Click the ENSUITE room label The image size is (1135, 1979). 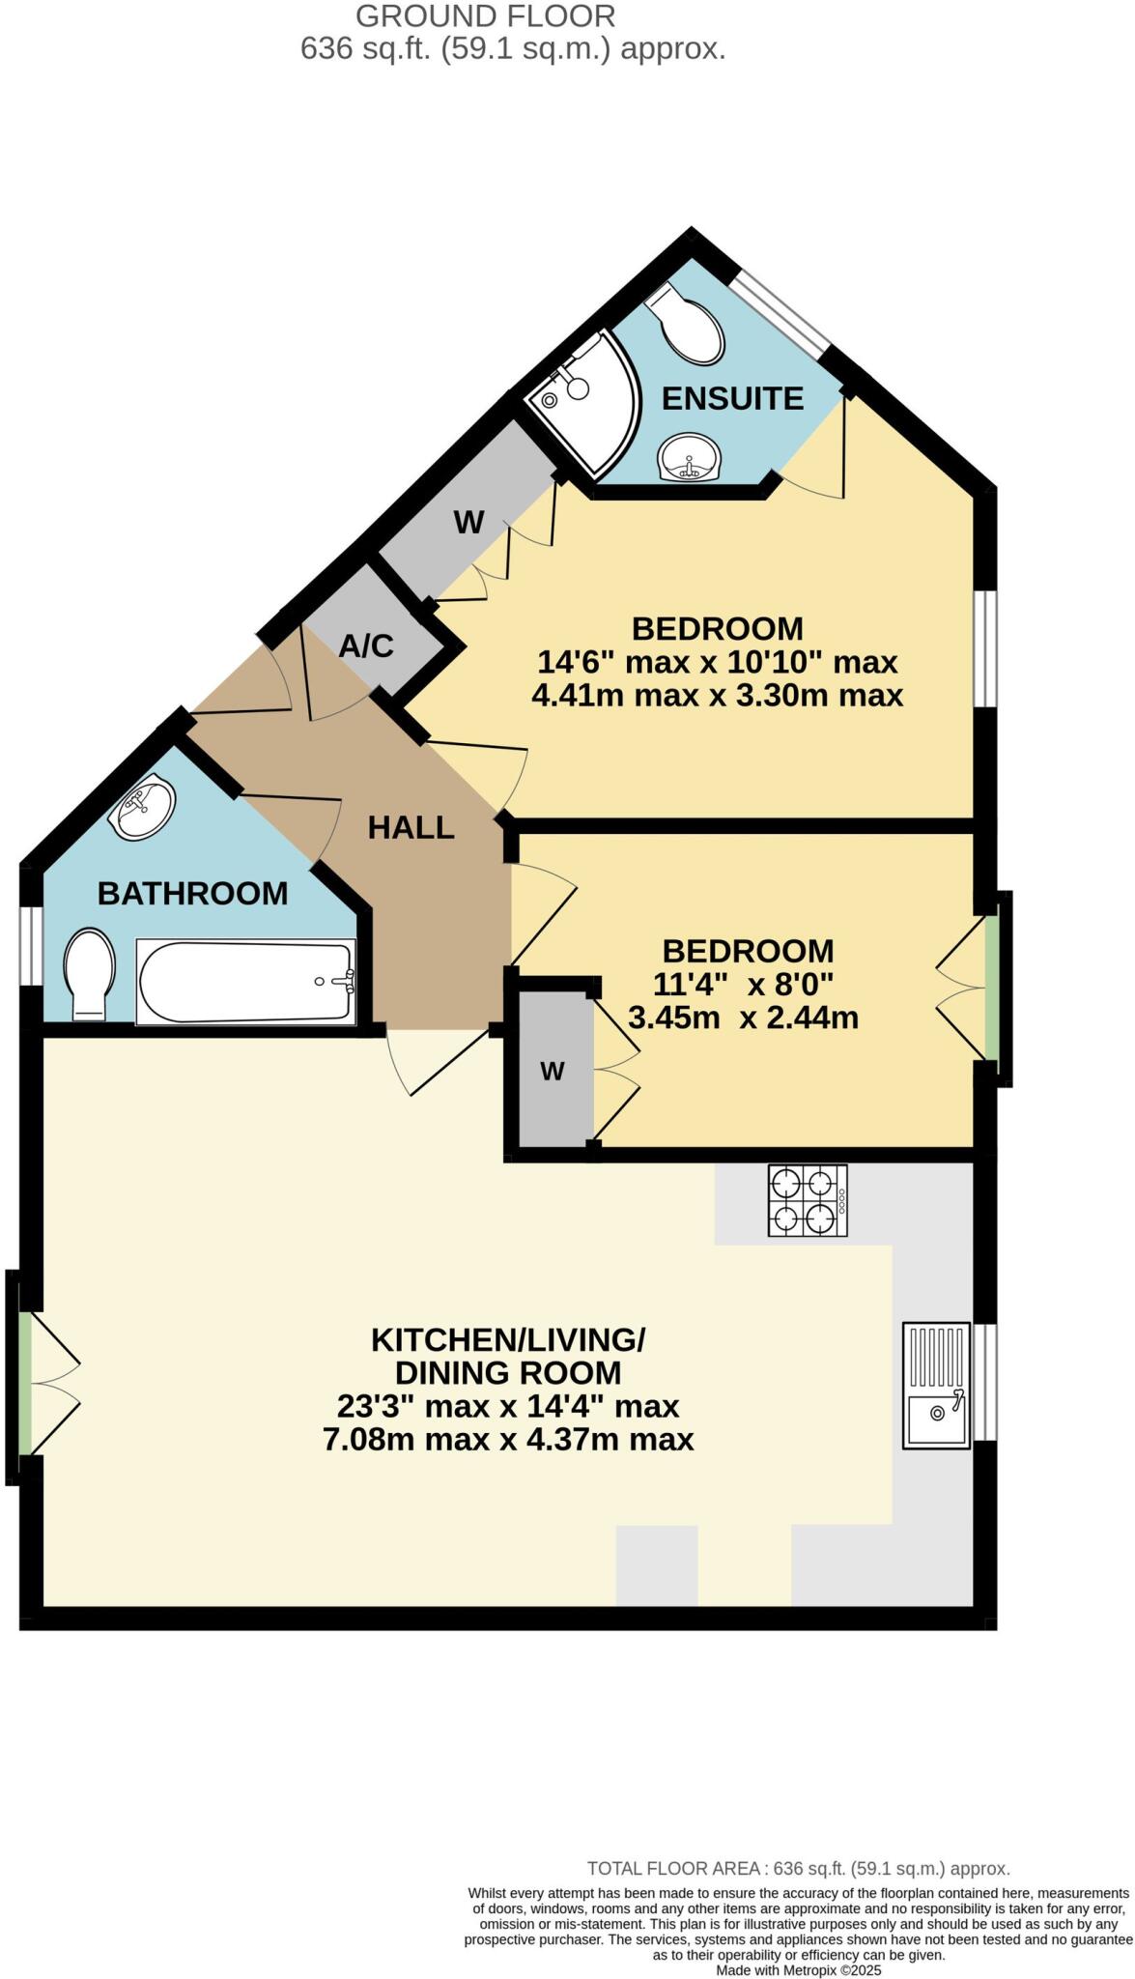732,398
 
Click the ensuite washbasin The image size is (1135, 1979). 688,456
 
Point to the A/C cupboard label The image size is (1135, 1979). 366,645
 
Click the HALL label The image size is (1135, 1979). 411,827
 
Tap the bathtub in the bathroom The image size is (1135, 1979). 246,981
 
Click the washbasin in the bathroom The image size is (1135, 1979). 142,808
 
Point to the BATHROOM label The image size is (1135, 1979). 192,893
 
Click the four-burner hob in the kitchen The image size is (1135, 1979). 807,1200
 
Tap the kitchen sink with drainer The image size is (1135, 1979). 935,1386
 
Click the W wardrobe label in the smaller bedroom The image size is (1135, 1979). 552,1071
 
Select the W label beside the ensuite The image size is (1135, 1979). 468,523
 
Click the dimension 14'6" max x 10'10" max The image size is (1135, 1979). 717,662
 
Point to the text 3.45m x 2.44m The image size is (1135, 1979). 743,1018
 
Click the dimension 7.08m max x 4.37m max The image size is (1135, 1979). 508,1439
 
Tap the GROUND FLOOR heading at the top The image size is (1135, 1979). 485,15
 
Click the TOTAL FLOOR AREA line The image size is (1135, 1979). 798,1869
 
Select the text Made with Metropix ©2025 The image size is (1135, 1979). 798,1969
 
